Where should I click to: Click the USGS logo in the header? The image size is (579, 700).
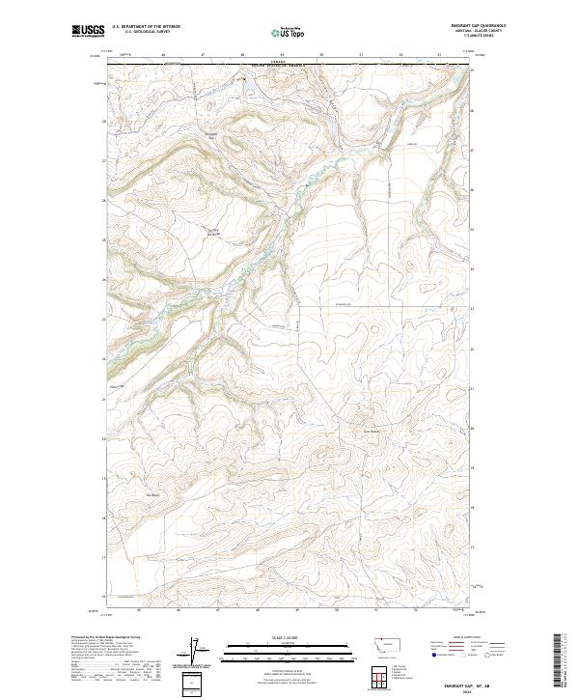click(86, 31)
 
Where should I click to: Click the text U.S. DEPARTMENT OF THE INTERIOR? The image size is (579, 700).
click(146, 27)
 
